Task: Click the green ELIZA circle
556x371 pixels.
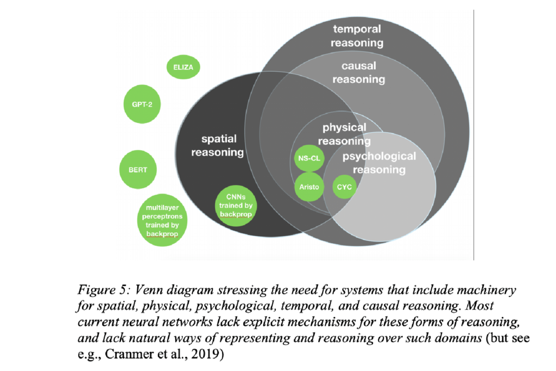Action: (x=183, y=68)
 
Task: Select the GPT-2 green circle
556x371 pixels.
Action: (x=142, y=104)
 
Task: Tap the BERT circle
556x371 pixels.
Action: (x=137, y=170)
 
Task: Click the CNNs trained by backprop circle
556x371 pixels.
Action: (x=237, y=206)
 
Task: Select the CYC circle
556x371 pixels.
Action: (x=344, y=187)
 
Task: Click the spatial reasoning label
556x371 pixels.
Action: (x=217, y=146)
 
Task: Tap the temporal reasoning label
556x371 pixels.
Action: (x=358, y=36)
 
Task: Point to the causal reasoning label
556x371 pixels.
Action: (x=358, y=72)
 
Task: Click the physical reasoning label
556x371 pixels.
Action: (x=344, y=134)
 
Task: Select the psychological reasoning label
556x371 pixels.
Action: (x=378, y=163)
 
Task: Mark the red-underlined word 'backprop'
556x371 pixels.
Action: (x=161, y=233)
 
